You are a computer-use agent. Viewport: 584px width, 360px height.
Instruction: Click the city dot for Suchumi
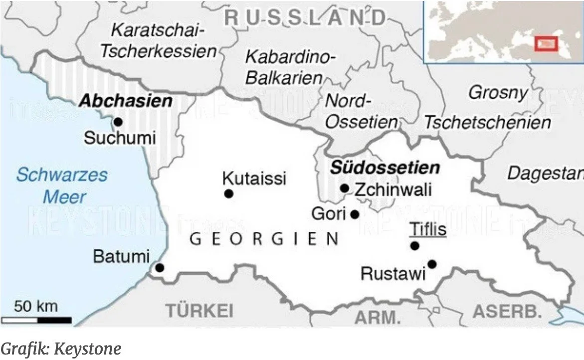coord(118,122)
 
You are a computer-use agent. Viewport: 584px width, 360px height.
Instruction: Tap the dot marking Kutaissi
coord(228,193)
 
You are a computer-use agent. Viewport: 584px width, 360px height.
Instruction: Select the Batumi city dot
coord(160,268)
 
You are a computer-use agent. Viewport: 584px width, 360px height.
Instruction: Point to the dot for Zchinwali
coord(345,188)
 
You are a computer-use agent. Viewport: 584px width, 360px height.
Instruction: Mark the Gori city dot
coord(355,214)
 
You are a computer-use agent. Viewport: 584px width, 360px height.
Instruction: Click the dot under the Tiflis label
coord(414,245)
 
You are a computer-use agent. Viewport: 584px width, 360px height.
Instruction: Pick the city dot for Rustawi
coord(432,264)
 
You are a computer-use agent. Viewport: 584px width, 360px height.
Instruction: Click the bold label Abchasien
coord(126,101)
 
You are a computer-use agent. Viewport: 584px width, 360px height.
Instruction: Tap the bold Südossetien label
coord(385,168)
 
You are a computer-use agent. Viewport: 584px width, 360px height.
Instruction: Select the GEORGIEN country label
coord(264,239)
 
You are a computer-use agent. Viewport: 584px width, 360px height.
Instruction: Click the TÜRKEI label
coord(199,311)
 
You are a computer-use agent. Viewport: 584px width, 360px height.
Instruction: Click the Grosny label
coord(498,93)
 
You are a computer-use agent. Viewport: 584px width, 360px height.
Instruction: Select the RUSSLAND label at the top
coord(306,18)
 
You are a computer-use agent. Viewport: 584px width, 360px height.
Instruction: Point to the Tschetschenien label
coord(487,122)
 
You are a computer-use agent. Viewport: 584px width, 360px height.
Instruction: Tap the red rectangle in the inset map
coord(546,43)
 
